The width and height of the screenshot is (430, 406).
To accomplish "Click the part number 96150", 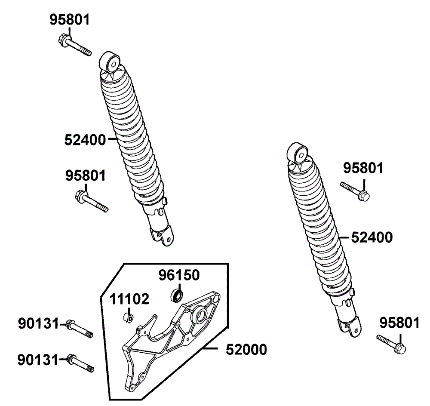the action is tap(179, 275).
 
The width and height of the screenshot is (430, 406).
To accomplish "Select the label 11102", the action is tap(129, 299).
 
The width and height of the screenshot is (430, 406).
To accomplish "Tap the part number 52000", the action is tap(246, 350).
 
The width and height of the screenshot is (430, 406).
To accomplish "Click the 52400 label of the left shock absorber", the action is tap(85, 140).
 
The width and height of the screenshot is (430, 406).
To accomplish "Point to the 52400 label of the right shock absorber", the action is tap(372, 237).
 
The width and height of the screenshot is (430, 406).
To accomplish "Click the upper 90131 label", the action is tap(38, 323).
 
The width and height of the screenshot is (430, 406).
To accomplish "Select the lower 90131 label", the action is tap(38, 360).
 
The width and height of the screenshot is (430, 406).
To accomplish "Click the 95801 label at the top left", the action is tap(70, 20).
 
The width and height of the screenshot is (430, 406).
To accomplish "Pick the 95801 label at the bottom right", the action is tap(399, 323).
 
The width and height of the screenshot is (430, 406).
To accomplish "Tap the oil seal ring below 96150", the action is tap(177, 295).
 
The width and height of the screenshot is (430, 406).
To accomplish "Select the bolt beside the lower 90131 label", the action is tap(81, 363).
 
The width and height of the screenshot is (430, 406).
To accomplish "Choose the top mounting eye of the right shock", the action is tap(298, 154).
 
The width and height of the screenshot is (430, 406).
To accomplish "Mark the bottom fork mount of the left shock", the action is tap(163, 236).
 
